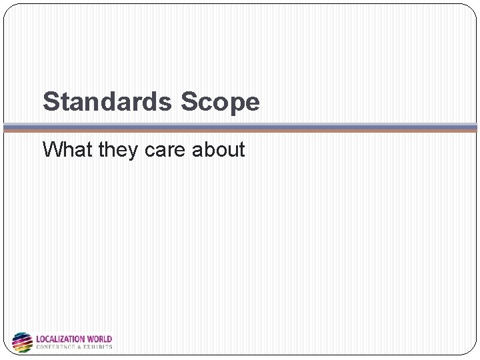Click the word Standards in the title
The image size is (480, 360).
pyautogui.click(x=107, y=102)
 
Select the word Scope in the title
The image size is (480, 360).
pyautogui.click(x=220, y=102)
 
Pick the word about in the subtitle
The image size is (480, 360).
pyautogui.click(x=219, y=149)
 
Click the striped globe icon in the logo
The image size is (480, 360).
pyautogui.click(x=22, y=342)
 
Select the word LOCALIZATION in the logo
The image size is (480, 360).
pyautogui.click(x=60, y=339)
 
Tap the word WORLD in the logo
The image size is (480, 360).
pyautogui.click(x=99, y=339)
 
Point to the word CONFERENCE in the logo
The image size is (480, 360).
pyautogui.click(x=57, y=347)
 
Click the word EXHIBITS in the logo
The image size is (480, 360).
pyautogui.click(x=99, y=347)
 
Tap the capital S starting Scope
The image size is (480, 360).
pyautogui.click(x=189, y=102)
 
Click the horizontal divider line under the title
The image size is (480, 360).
pyautogui.click(x=240, y=127)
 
